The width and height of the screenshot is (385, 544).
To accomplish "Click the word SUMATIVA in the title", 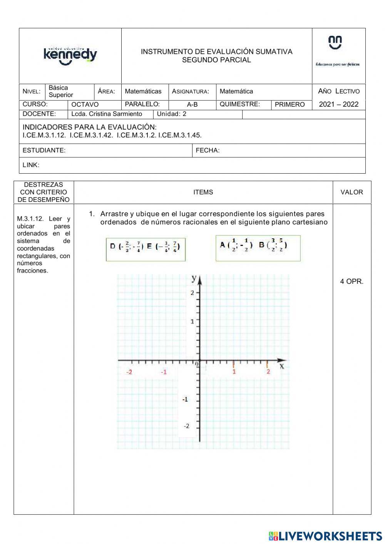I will click(274, 52).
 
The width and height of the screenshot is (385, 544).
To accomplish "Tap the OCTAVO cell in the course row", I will click(85, 104).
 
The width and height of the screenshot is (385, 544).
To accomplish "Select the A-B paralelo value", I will click(192, 104).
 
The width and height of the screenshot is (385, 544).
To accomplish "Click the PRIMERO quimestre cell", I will click(290, 104).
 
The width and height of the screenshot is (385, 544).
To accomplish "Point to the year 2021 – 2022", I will click(338, 104).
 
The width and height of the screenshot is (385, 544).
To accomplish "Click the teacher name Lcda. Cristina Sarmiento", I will click(107, 114).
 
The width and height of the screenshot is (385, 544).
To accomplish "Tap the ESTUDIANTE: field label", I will click(44, 151).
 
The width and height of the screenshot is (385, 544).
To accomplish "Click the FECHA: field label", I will click(208, 151).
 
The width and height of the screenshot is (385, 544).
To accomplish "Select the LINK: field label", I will click(31, 165).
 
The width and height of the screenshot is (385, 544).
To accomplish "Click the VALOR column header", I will click(352, 192).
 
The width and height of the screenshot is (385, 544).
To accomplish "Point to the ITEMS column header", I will click(203, 192).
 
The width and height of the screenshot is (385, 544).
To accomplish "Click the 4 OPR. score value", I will click(352, 281).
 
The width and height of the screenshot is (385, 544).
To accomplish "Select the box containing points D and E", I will click(146, 249).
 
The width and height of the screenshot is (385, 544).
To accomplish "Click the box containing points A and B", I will click(258, 248).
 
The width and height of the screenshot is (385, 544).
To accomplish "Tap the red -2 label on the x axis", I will click(129, 372).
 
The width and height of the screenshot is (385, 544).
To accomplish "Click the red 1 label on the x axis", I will click(234, 372).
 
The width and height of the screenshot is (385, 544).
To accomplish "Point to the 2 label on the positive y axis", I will click(192, 293).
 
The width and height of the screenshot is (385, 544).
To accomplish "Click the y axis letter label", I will click(194, 278).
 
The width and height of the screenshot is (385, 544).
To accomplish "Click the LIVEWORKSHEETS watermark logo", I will click(325, 536).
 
